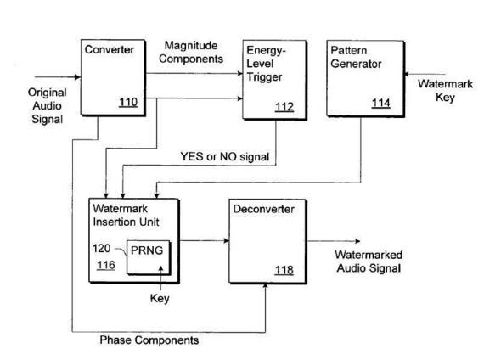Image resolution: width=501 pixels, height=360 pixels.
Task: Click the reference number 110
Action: point(128,102)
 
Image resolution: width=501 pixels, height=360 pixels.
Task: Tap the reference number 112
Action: point(284,106)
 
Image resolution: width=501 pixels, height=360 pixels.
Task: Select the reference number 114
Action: point(381,103)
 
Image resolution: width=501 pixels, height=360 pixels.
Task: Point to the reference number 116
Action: point(106,265)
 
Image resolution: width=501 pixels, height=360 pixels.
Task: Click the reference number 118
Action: point(284,270)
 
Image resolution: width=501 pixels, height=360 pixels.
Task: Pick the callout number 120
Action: point(101,248)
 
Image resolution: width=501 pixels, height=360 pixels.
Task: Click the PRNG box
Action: point(149,257)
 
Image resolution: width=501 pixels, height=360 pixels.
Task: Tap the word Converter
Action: point(110,49)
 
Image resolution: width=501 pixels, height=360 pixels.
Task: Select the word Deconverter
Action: point(263,209)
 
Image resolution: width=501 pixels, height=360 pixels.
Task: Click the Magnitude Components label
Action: point(191,52)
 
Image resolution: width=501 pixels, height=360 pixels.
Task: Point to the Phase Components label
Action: point(149,340)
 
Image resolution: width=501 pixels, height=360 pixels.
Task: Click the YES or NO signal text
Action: point(225,156)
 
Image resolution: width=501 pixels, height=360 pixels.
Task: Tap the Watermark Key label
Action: point(445,90)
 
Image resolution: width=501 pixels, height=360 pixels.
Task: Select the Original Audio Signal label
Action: point(48,106)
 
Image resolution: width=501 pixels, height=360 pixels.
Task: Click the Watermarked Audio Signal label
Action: point(369,262)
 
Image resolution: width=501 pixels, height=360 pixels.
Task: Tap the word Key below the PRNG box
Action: point(160,298)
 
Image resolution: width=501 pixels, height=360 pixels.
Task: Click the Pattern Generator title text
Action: point(356,57)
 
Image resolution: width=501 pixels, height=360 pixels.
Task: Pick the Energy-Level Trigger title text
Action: point(266,64)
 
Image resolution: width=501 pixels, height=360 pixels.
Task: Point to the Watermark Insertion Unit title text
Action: point(126,216)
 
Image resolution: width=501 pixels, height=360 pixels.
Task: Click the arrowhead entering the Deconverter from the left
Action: point(227,240)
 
